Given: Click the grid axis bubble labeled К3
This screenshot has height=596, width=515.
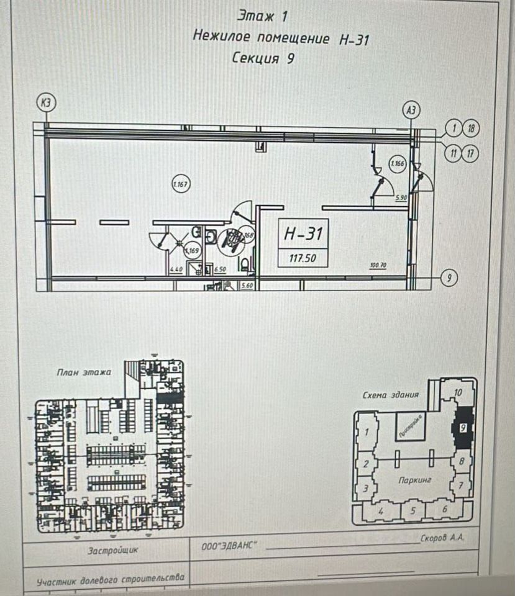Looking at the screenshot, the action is pyautogui.click(x=45, y=102).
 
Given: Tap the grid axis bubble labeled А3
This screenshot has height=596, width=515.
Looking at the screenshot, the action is pyautogui.click(x=411, y=110).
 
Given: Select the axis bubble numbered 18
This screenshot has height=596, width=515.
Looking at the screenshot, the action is pyautogui.click(x=472, y=129).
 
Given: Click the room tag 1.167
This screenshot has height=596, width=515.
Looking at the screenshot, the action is pyautogui.click(x=180, y=184).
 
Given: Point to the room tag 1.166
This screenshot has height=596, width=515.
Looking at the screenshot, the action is pyautogui.click(x=397, y=165).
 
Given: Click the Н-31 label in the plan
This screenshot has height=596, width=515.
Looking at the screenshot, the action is pyautogui.click(x=303, y=234).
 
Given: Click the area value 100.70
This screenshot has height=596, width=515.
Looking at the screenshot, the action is pyautogui.click(x=378, y=265).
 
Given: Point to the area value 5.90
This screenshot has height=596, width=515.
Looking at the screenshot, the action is pyautogui.click(x=401, y=197).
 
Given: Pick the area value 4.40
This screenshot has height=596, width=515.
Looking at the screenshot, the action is pyautogui.click(x=176, y=270).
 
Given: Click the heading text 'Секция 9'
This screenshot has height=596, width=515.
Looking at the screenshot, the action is pyautogui.click(x=262, y=58).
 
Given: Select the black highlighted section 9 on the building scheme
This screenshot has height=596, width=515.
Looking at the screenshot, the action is pyautogui.click(x=462, y=428).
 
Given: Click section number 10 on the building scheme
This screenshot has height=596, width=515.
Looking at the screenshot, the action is pyautogui.click(x=458, y=392).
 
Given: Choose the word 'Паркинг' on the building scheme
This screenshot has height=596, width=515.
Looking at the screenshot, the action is pyautogui.click(x=415, y=480).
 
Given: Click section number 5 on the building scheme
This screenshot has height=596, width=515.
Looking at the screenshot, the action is pyautogui.click(x=411, y=510).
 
